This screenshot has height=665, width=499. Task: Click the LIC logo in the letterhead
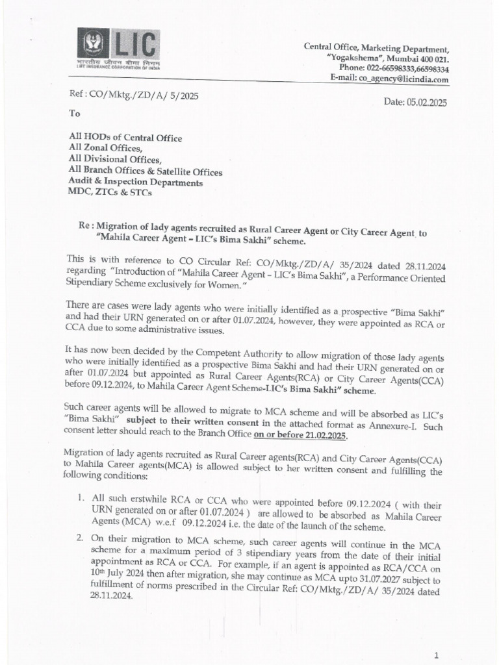(x=120, y=49)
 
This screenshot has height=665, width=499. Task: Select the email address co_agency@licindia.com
(x=407, y=80)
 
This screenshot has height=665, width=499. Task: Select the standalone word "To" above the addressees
(x=74, y=113)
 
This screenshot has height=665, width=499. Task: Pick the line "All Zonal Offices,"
(x=105, y=148)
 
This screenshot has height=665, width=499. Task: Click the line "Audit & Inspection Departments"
(x=135, y=182)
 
